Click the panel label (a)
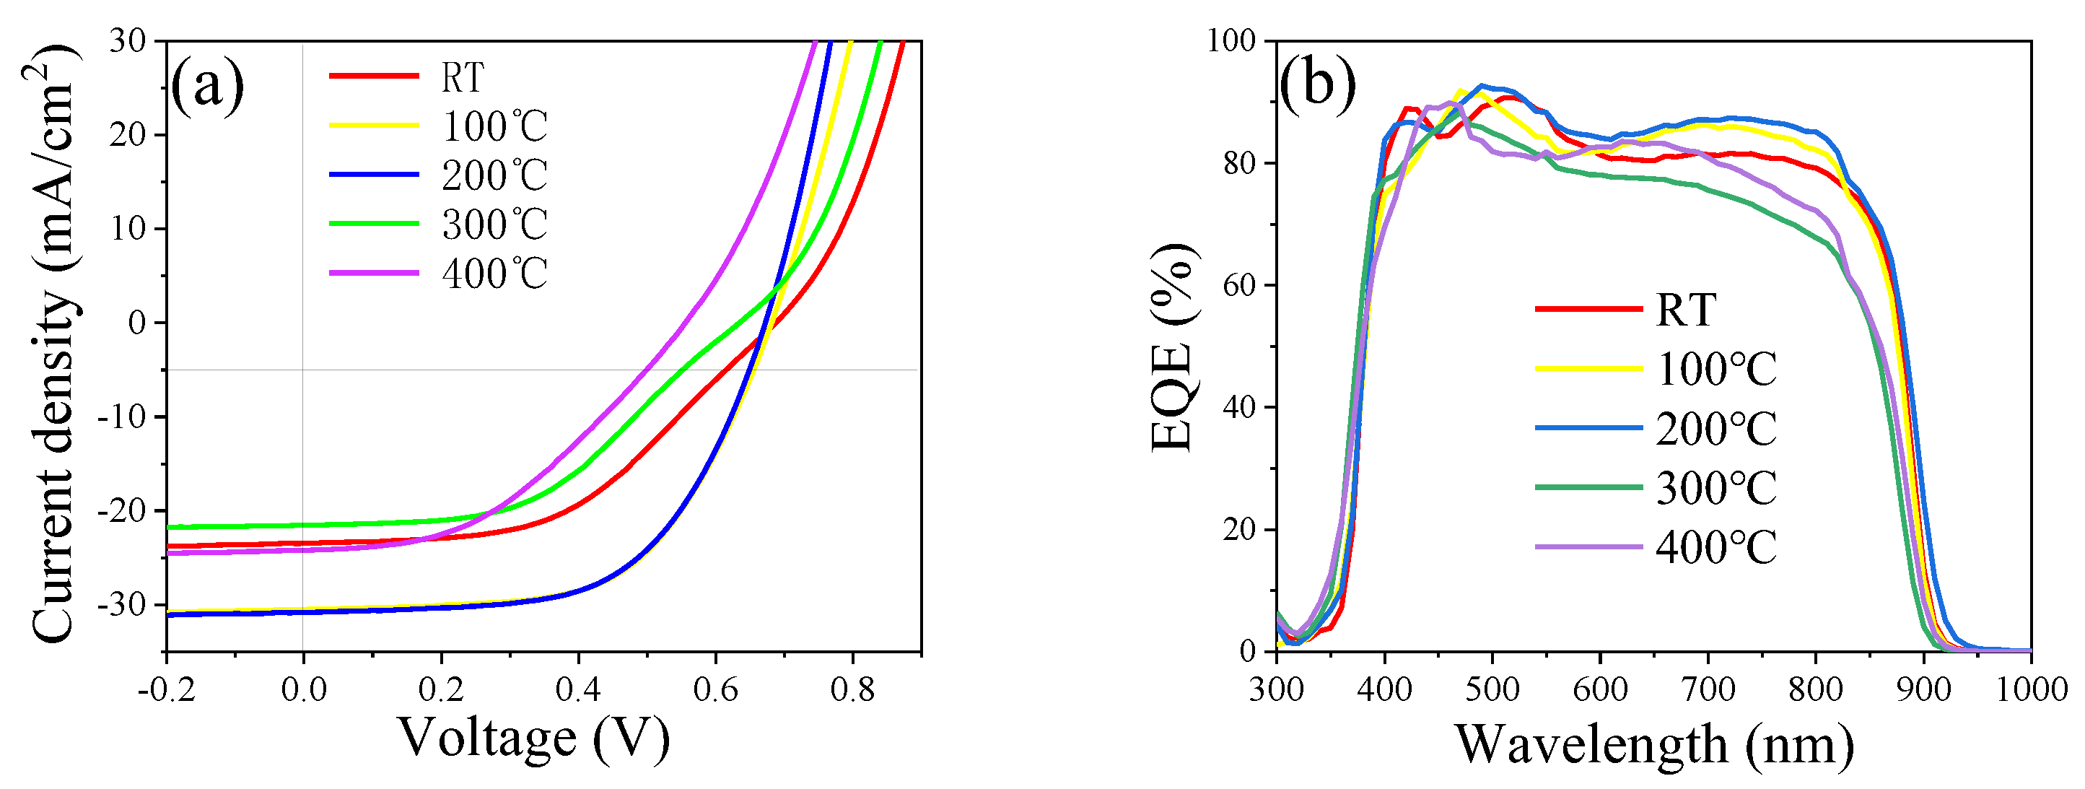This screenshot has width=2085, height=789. point(207,86)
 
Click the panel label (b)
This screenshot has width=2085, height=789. point(1317,84)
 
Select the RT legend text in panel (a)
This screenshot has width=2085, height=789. point(462,78)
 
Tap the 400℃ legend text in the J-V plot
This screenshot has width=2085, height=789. point(494,274)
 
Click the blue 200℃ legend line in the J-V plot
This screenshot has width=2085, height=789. point(374,174)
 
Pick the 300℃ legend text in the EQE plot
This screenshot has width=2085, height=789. point(1716,488)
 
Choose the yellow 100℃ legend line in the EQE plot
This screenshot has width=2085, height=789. point(1588,368)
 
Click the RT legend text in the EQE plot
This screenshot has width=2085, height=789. point(1685,309)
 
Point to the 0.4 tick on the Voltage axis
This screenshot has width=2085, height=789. point(578,689)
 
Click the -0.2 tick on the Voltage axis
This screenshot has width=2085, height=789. point(166,689)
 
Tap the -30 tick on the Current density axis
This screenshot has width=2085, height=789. point(121,604)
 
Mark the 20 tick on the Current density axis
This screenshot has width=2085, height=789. point(127,134)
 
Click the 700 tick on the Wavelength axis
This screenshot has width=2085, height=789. point(1708,689)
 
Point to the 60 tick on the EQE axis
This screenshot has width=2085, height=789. point(1238,285)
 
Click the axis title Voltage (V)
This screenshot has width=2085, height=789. point(534,738)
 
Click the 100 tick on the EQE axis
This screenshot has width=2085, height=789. point(1231,40)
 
